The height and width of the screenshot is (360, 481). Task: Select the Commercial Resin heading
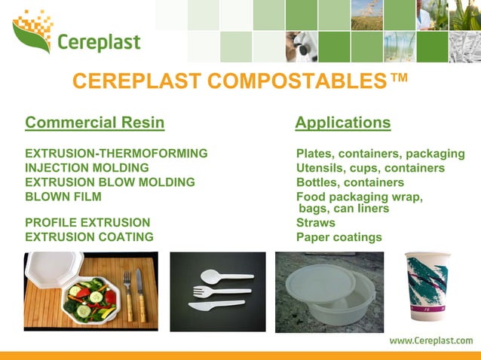pyautogui.click(x=94, y=122)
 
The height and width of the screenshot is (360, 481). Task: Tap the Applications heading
pyautogui.click(x=343, y=122)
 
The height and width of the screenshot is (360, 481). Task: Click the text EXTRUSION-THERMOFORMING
pyautogui.click(x=116, y=154)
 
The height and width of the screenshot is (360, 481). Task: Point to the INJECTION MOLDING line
pyautogui.click(x=87, y=168)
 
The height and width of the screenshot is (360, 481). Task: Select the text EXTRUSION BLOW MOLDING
pyautogui.click(x=110, y=182)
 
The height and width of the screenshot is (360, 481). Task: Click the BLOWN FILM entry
pyautogui.click(x=63, y=197)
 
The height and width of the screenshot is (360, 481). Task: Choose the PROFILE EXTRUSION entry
pyautogui.click(x=87, y=223)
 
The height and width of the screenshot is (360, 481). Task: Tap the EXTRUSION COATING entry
pyautogui.click(x=89, y=237)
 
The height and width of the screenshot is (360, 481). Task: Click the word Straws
pyautogui.click(x=316, y=223)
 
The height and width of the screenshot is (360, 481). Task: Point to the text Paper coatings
pyautogui.click(x=339, y=237)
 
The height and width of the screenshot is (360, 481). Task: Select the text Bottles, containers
pyautogui.click(x=350, y=182)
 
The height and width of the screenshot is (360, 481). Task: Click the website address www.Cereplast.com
pyautogui.click(x=430, y=340)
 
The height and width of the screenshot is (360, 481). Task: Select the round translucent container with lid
pyautogui.click(x=329, y=290)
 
